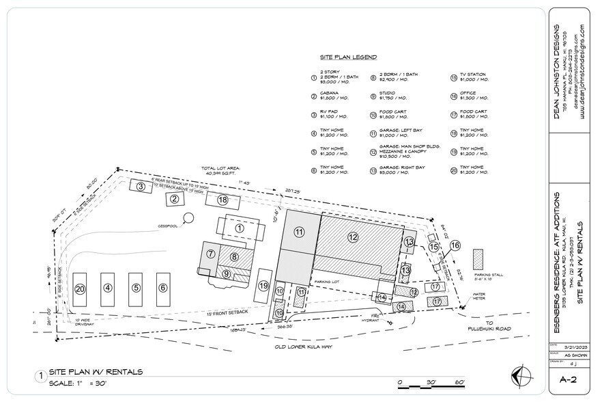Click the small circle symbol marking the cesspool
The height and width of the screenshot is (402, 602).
point(188,217)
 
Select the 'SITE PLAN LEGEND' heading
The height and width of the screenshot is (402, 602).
point(348,57)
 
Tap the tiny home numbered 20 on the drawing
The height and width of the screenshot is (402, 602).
point(80,289)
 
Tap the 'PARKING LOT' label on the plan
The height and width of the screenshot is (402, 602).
point(328,281)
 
